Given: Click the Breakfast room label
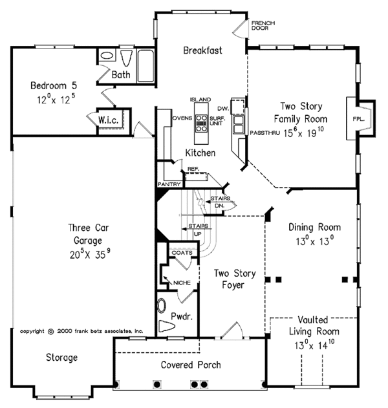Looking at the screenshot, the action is tap(202, 50).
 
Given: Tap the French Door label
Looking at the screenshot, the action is tap(263, 25).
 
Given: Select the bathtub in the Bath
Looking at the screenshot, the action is tap(145, 66).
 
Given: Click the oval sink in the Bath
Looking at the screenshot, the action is tap(107, 56).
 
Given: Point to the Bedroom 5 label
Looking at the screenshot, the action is tap(54, 85).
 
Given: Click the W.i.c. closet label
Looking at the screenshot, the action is tap(108, 120).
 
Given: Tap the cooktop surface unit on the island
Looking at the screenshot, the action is tap(201, 123).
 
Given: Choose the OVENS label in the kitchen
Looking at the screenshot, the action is tap(182, 118).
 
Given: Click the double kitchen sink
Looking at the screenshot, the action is tap(239, 125).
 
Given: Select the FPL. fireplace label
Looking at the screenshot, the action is tap(359, 119).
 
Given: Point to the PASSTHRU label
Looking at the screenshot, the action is tap(264, 133).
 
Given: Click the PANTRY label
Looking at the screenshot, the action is tap(169, 184).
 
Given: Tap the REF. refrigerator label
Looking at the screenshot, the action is tap(193, 169).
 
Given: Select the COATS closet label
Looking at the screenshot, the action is tap(182, 253).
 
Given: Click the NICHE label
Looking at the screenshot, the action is tap(182, 283).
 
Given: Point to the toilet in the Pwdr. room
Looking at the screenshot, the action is tap(166, 326).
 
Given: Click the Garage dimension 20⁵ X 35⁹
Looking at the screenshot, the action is tap(90, 253).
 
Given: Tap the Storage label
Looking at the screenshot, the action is tap(61, 358).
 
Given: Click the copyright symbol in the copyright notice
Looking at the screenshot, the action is tap(51, 332).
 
